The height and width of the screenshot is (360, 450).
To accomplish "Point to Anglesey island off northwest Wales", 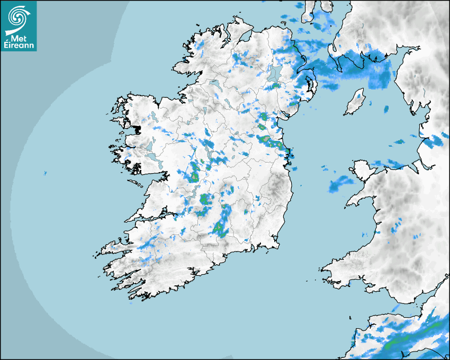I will click(358, 168).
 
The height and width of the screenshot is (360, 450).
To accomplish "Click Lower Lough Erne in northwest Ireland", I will click(214, 83).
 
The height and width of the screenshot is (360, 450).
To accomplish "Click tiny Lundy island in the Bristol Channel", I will click(350, 316).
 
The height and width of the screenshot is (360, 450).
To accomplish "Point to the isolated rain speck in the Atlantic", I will click(45, 173).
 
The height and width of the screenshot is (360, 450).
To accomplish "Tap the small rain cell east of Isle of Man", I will click(386, 109).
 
